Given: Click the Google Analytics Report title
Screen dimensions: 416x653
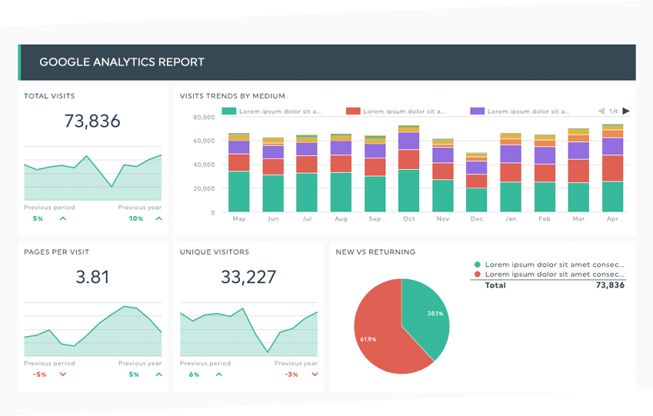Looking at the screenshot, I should pyautogui.click(x=122, y=62).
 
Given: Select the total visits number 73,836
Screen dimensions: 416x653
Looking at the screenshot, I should pyautogui.click(x=92, y=121).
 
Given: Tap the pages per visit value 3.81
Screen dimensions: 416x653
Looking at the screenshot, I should pyautogui.click(x=92, y=277).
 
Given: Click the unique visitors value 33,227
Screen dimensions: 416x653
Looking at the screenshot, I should pyautogui.click(x=248, y=277).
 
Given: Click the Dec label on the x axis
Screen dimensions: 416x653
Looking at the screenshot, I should pyautogui.click(x=476, y=219).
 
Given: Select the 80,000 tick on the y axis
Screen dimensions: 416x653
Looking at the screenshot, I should pyautogui.click(x=204, y=118).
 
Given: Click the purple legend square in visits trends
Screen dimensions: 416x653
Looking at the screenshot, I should pyautogui.click(x=477, y=111).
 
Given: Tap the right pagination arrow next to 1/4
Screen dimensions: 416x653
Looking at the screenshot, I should pyautogui.click(x=626, y=111).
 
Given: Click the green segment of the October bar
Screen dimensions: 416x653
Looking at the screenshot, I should pyautogui.click(x=408, y=191).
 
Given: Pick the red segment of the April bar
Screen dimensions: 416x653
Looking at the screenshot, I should pyautogui.click(x=612, y=168).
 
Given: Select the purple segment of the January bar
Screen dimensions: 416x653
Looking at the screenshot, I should pyautogui.click(x=511, y=154).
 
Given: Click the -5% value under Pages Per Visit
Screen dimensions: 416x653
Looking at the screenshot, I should pyautogui.click(x=39, y=374).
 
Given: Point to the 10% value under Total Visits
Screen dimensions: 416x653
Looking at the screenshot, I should pyautogui.click(x=135, y=218).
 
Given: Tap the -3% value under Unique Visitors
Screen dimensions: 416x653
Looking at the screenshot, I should pyautogui.click(x=292, y=374).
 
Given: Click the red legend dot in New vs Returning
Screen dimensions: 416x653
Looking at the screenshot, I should pyautogui.click(x=478, y=274).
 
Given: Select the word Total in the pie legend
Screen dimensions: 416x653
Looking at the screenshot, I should pyautogui.click(x=495, y=285).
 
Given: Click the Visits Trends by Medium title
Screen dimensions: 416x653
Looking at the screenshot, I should pyautogui.click(x=232, y=96).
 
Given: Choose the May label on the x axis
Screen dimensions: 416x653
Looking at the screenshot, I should pyautogui.click(x=238, y=219).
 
